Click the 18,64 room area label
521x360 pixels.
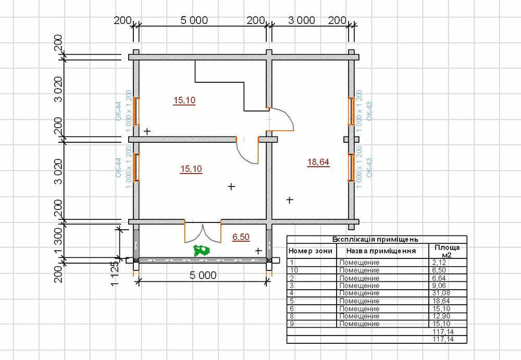tap(318, 162)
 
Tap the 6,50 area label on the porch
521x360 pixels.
tap(241, 237)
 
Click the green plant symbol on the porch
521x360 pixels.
tap(202, 251)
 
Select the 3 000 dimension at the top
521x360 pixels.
tap(301, 20)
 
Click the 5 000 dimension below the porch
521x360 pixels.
tap(203, 275)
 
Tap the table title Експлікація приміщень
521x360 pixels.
tap(375, 239)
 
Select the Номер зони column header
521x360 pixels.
tap(311, 251)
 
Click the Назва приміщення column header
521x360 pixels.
tap(381, 251)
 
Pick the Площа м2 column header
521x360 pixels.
tap(447, 251)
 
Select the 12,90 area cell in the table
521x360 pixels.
tap(441, 316)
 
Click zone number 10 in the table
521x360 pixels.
tap(294, 270)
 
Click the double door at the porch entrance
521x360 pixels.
tap(202, 231)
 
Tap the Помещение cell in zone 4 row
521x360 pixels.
tap(359, 293)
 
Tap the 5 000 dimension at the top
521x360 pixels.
tap(194, 20)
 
